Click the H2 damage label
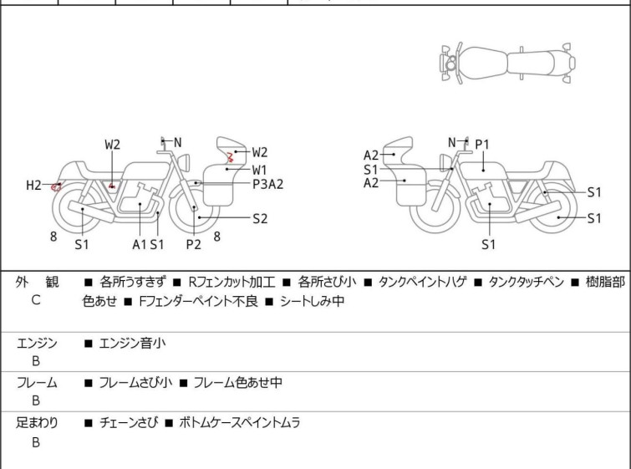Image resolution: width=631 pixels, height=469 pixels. pyautogui.click(x=33, y=185)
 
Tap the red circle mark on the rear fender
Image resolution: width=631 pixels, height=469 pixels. pyautogui.click(x=56, y=186)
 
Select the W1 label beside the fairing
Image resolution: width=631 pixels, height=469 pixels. pyautogui.click(x=260, y=169)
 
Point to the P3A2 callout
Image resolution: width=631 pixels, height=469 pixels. pyautogui.click(x=268, y=185)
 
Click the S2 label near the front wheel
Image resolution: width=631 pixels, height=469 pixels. pyautogui.click(x=260, y=218)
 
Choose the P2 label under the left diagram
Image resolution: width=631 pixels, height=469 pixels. pyautogui.click(x=193, y=244)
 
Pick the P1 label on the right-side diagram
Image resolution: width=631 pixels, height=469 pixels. pyautogui.click(x=482, y=145)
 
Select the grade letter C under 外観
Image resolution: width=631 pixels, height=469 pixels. pyautogui.click(x=36, y=300)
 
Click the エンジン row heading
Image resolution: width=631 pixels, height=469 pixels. pyautogui.click(x=38, y=343)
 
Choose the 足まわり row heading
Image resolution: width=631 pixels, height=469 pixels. pyautogui.click(x=38, y=423)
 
